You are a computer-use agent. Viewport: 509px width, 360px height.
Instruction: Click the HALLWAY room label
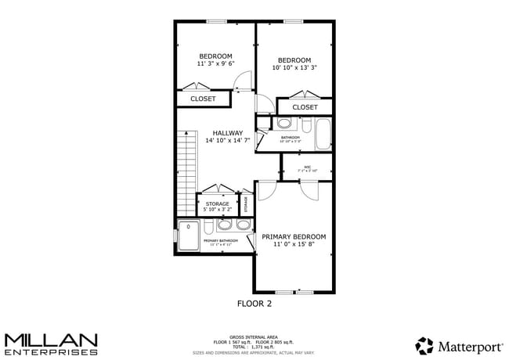click(227, 133)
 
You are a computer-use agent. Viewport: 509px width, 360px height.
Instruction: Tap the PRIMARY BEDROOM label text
click(294, 236)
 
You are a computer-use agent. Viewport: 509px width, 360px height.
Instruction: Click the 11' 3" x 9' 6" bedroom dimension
click(215, 64)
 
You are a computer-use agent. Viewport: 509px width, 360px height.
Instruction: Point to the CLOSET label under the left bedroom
click(203, 99)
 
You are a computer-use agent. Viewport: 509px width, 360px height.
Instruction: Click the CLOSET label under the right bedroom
click(305, 107)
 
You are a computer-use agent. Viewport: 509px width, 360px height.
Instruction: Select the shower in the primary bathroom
click(189, 235)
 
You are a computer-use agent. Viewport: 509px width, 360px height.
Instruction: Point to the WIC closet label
click(307, 167)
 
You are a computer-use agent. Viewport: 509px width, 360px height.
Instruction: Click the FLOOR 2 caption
click(254, 302)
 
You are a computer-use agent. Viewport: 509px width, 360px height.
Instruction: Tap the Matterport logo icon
click(424, 345)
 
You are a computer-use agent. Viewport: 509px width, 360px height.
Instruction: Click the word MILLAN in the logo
click(51, 340)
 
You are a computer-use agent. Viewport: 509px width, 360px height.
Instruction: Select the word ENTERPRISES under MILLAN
click(51, 351)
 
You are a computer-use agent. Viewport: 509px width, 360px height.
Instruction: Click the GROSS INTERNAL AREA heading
click(254, 337)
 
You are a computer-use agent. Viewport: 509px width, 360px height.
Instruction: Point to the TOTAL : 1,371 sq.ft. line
click(254, 346)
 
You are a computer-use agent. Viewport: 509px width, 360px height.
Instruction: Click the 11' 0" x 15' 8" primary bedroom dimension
click(294, 245)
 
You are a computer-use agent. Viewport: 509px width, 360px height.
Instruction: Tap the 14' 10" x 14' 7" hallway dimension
click(227, 142)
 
